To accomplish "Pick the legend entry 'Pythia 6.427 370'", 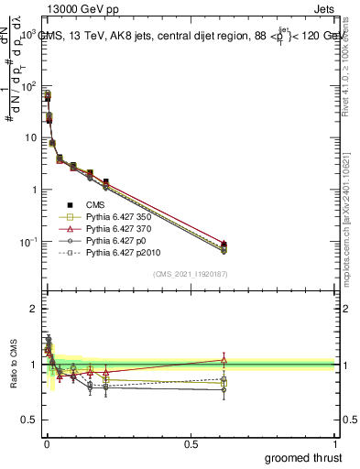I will click(122, 230).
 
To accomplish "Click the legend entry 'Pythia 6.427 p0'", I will click(120, 242).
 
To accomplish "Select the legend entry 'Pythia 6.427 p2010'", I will click(125, 254).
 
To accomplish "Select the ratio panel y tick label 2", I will click(34, 309).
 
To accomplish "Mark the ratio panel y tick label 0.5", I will click(30, 422).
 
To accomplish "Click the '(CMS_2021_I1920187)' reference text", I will click(190, 274).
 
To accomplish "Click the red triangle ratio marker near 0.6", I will click(224, 359).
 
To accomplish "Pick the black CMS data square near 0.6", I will click(224, 245).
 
